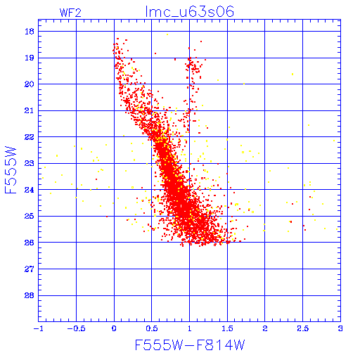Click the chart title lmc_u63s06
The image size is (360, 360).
(x=190, y=12)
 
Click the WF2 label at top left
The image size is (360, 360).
(x=70, y=13)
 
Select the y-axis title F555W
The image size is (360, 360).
(x=11, y=170)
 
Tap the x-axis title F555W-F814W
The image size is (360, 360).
(x=190, y=345)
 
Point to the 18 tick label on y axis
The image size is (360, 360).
(x=30, y=32)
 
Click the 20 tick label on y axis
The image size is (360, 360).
(x=30, y=84)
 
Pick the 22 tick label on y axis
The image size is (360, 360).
(x=30, y=137)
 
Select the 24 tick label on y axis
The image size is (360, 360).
(x=30, y=190)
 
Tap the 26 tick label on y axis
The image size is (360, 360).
(x=30, y=243)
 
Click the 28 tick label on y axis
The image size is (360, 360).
(x=30, y=295)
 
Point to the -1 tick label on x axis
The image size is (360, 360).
(x=39, y=328)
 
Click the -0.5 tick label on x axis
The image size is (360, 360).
(x=76, y=328)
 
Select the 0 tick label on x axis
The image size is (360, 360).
(x=114, y=328)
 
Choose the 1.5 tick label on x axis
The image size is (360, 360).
(x=227, y=328)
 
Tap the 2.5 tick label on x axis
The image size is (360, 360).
(x=302, y=328)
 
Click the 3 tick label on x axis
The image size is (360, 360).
(x=340, y=328)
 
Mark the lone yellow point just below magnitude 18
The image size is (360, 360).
(x=167, y=34)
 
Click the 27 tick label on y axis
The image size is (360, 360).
(x=30, y=269)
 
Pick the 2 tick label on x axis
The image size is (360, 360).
(x=265, y=328)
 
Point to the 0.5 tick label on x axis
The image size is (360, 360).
(x=152, y=328)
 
